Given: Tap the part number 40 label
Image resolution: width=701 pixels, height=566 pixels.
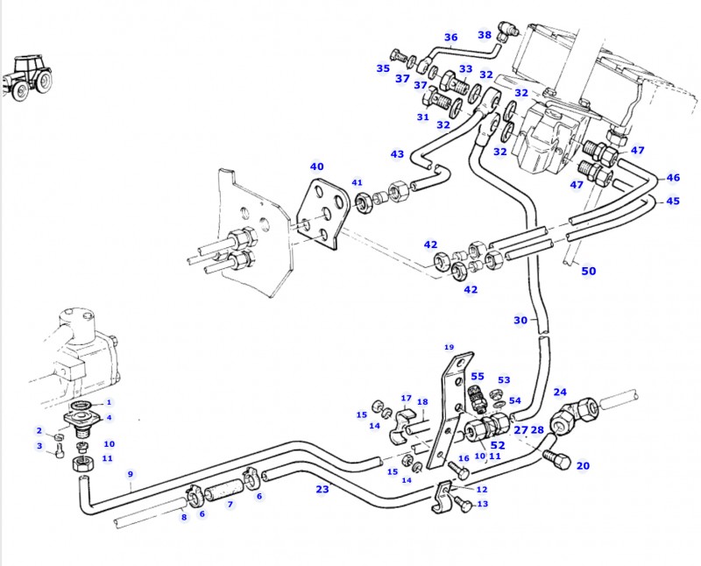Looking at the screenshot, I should pos(316,166).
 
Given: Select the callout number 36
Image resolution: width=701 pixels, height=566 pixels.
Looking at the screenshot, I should pos(450,38).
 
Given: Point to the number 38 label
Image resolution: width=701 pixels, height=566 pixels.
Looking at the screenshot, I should pos(485,35).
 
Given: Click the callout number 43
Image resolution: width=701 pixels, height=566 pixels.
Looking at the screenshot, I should pos(397,154).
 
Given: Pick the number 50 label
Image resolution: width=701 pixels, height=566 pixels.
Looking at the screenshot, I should pos(589,271).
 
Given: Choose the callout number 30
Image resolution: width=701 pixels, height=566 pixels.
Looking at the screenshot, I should pos(520,321).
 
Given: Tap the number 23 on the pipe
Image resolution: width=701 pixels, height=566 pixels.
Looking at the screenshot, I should pos(322,489).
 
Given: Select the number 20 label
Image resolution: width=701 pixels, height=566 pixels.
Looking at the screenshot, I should pos(583,466).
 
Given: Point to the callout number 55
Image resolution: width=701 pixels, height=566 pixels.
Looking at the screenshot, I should pos(477,376).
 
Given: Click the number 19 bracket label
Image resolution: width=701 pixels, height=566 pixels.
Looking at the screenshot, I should pos(450,347).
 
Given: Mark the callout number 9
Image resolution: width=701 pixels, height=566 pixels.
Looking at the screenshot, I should pos(130,475).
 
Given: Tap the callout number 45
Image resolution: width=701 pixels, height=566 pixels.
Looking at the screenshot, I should pos(672,201).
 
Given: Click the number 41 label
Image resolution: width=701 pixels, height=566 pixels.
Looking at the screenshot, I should pos(357,183).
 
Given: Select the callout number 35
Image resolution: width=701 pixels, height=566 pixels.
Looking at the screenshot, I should pos(383,68).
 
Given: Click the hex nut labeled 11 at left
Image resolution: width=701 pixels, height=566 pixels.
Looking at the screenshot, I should pos(81,463).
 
